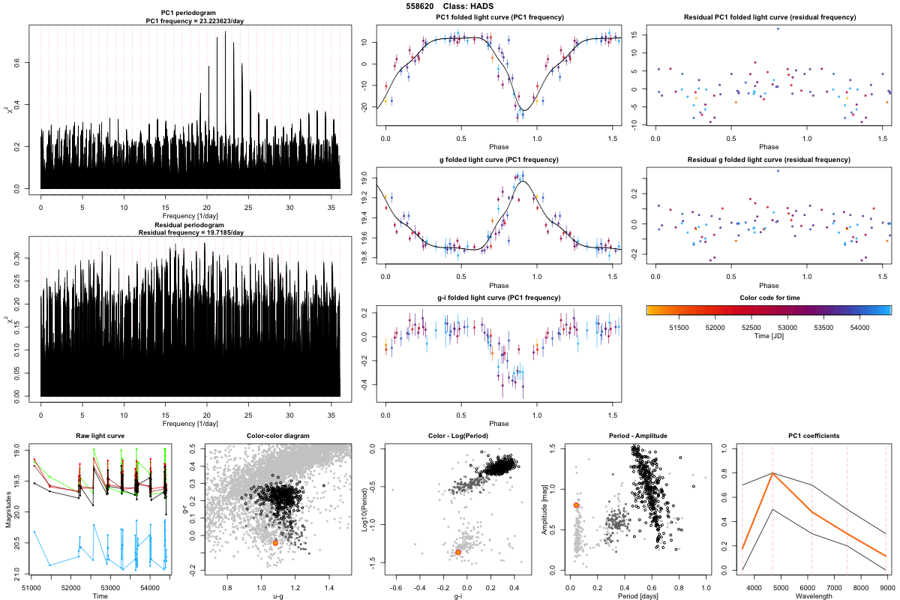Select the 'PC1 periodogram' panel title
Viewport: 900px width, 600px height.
(190, 13)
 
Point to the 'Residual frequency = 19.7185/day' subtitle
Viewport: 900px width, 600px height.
(190, 232)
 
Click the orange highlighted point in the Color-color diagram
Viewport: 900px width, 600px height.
(275, 542)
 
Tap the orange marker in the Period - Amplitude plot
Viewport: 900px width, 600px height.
(576, 505)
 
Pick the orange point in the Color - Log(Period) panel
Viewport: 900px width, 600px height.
(457, 552)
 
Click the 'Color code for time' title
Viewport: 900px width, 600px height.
(769, 298)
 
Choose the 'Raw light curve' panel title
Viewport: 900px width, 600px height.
(100, 436)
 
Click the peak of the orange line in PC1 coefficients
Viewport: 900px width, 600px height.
(772, 473)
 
